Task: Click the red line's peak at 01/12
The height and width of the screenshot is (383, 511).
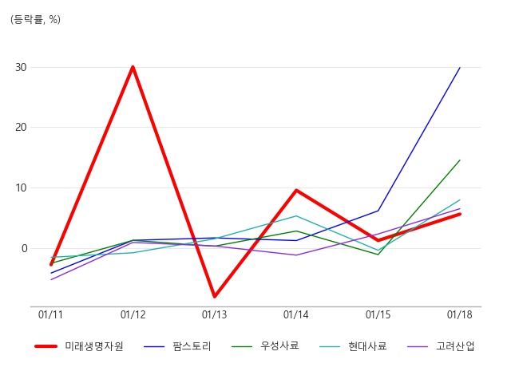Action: (133, 67)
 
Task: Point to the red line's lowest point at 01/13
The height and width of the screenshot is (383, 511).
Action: (215, 296)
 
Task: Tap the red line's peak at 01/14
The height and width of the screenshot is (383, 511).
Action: (296, 190)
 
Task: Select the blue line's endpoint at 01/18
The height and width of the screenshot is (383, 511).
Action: (460, 67)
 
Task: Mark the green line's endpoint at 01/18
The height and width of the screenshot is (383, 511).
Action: (460, 160)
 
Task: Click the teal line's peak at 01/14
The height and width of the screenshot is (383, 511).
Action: (296, 215)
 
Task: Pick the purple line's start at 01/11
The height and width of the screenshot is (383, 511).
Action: (51, 280)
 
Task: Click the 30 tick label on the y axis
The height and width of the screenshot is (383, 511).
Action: (21, 67)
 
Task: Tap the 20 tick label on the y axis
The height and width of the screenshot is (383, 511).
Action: (21, 128)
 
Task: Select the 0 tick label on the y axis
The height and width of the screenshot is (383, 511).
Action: (24, 248)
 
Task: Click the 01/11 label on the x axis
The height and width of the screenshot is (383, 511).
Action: (50, 314)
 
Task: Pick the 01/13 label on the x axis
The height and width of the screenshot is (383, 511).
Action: (214, 314)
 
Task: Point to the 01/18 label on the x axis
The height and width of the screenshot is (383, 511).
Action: (460, 314)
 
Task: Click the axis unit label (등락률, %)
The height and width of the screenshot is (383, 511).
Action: (35, 19)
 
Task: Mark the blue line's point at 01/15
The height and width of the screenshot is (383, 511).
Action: (378, 211)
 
